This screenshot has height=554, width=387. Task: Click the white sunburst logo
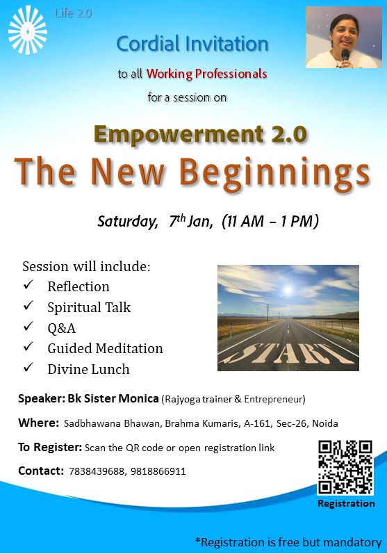click(x=28, y=30)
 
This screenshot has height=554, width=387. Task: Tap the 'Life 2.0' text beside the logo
click(x=73, y=13)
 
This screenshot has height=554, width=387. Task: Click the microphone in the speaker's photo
click(x=345, y=56)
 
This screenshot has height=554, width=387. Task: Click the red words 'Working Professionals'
click(x=206, y=74)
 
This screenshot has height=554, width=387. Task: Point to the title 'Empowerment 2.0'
click(x=200, y=135)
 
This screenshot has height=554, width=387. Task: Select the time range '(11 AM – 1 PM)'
click(x=270, y=221)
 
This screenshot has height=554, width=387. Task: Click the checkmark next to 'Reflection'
click(x=28, y=284)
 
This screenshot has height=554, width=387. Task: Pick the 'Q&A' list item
click(x=61, y=328)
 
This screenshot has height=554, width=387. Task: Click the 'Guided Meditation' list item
click(x=105, y=348)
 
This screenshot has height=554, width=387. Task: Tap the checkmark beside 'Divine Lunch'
click(x=28, y=367)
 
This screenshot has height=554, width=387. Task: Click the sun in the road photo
click(x=288, y=290)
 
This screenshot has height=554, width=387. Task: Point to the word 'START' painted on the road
click(x=287, y=353)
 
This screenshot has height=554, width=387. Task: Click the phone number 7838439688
click(x=97, y=471)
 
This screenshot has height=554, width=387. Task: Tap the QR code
click(x=345, y=467)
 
